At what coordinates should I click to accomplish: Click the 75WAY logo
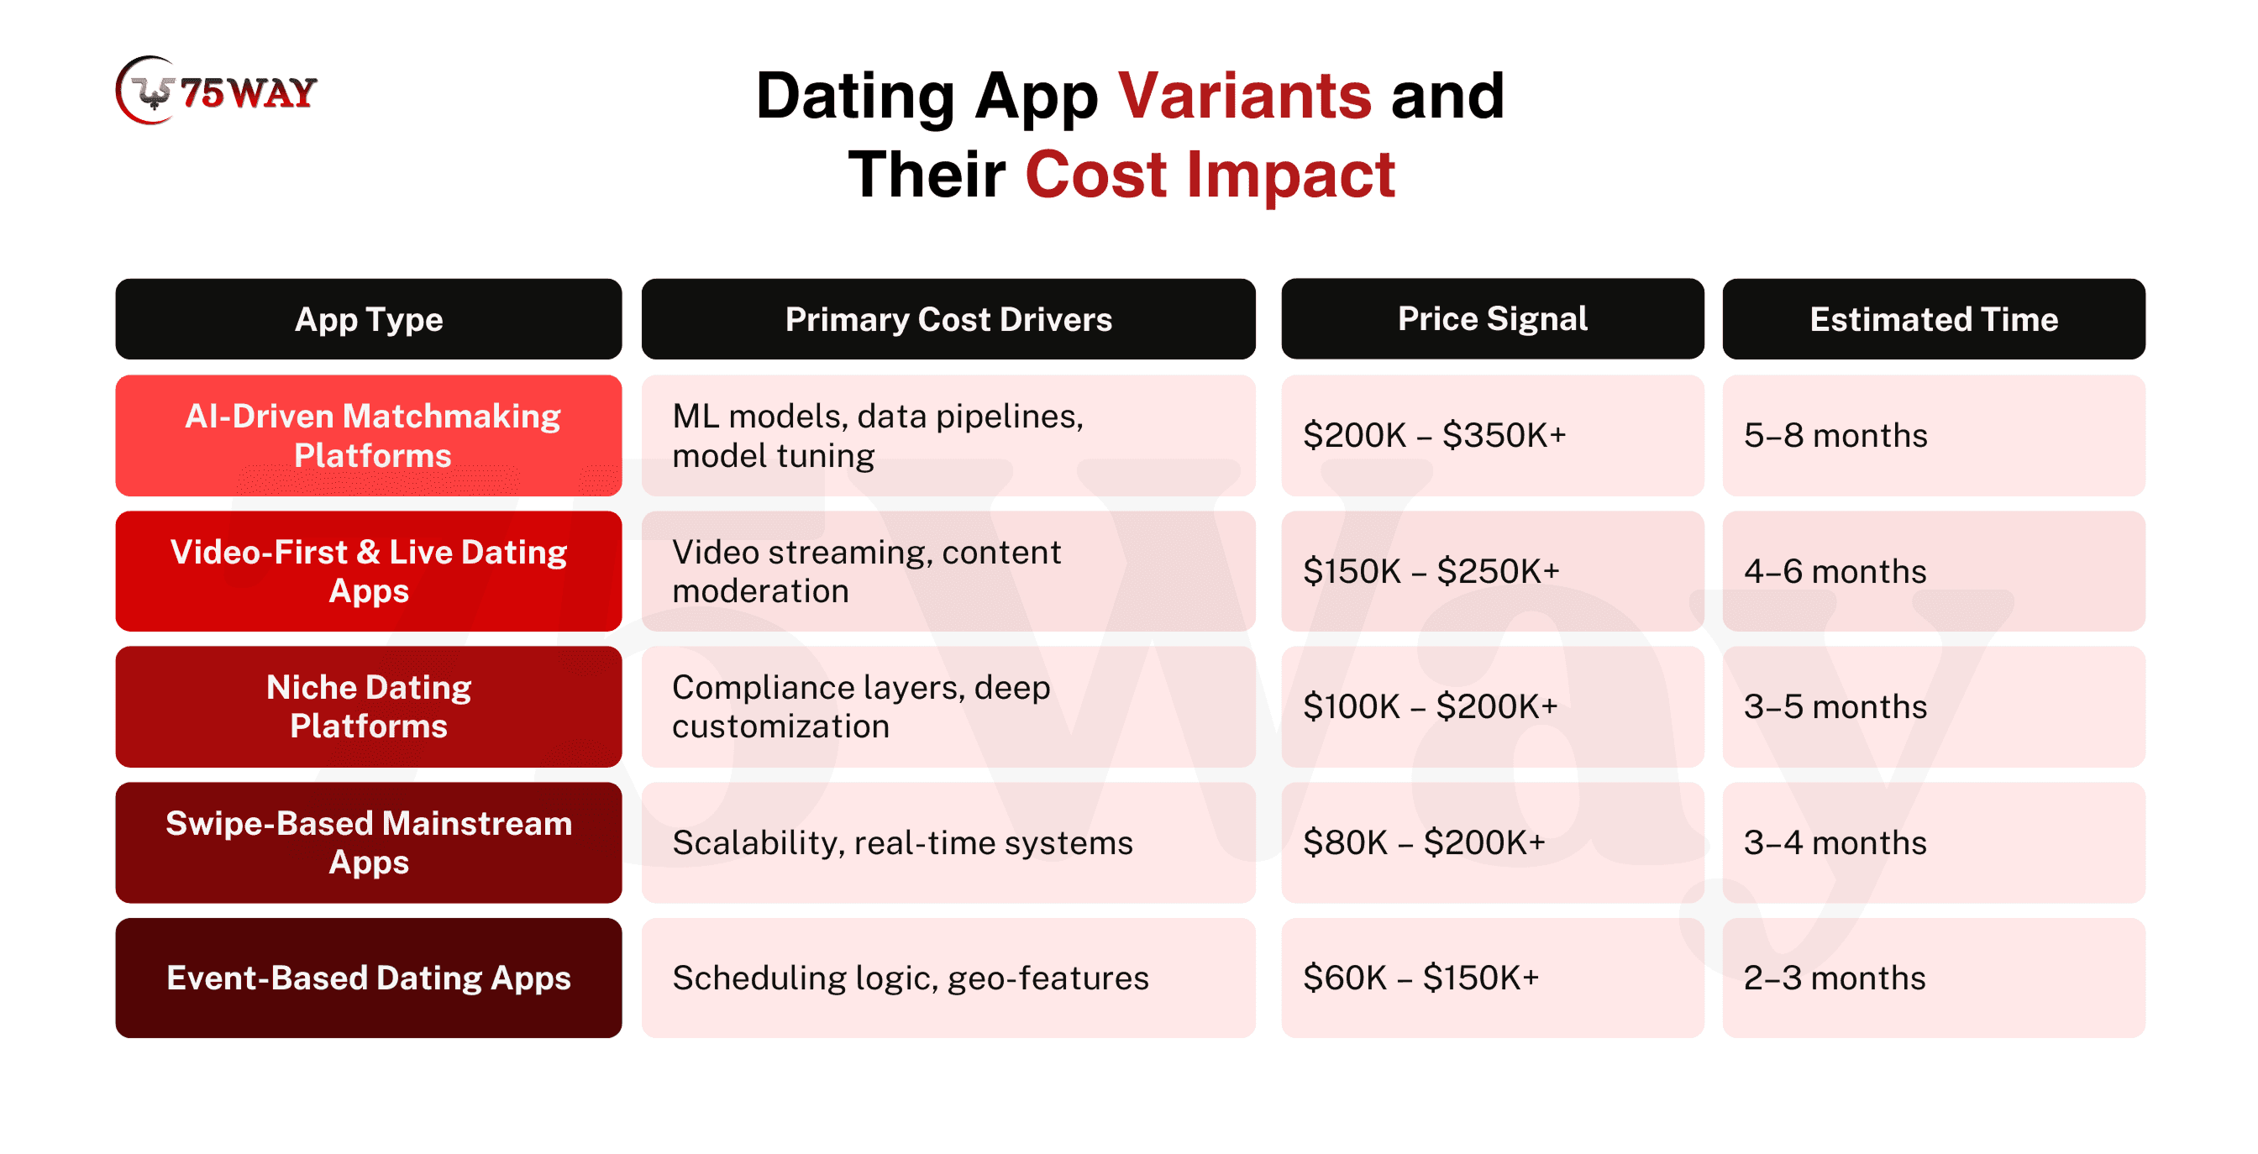pyautogui.click(x=216, y=90)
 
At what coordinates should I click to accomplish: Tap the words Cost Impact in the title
pyautogui.click(x=1210, y=175)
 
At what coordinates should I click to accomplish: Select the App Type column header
pyautogui.click(x=368, y=319)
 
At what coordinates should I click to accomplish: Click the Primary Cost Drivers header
pyautogui.click(x=948, y=319)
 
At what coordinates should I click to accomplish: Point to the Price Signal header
pyautogui.click(x=1493, y=319)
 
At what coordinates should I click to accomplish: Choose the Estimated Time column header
pyautogui.click(x=1934, y=319)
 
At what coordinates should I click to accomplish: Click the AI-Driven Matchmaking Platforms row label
pyautogui.click(x=368, y=436)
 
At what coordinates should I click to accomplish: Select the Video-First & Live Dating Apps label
pyautogui.click(x=368, y=571)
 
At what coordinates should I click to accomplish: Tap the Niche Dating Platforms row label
pyautogui.click(x=368, y=706)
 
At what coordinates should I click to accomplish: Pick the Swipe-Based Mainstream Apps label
pyautogui.click(x=368, y=842)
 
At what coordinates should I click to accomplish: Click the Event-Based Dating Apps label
pyautogui.click(x=368, y=978)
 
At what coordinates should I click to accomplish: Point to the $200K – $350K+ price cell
pyautogui.click(x=1493, y=436)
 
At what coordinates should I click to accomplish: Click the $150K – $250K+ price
pyautogui.click(x=1493, y=571)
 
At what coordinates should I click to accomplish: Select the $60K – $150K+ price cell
pyautogui.click(x=1493, y=978)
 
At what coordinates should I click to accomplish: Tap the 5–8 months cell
pyautogui.click(x=1934, y=436)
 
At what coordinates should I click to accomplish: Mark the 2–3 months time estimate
pyautogui.click(x=1934, y=978)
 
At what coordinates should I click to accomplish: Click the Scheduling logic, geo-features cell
pyautogui.click(x=948, y=978)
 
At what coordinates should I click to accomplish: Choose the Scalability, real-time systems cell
pyautogui.click(x=948, y=842)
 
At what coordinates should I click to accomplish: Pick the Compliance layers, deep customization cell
pyautogui.click(x=948, y=706)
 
